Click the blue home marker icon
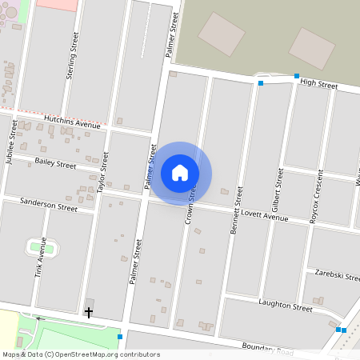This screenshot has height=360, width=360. click(180, 173)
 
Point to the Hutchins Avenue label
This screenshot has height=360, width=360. click(72, 121)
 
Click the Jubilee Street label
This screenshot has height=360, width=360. click(12, 142)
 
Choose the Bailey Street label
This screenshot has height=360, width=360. click(55, 163)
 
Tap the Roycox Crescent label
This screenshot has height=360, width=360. click(317, 196)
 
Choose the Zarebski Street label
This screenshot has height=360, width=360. click(338, 274)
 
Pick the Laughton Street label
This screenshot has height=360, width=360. click(285, 304)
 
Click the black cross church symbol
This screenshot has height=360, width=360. click(89, 312)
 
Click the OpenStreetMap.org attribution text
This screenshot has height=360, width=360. click(81, 354)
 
